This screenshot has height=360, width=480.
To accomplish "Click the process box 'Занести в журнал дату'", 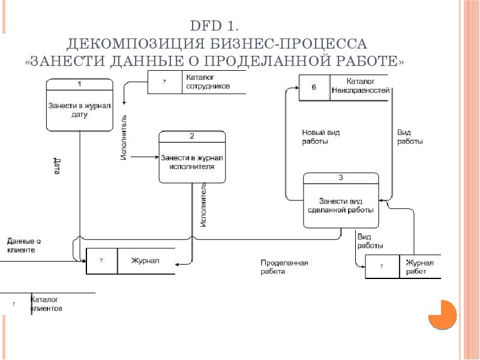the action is coord(80,105).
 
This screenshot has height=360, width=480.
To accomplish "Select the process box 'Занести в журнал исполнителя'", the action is coord(192,157).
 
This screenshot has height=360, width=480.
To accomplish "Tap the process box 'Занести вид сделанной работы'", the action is coord(341,200).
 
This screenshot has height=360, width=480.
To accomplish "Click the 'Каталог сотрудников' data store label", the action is coord(208,82).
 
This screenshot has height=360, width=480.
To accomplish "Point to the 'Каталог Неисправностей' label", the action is coord(361,86).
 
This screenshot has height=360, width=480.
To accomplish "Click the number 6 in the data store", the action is coord(314,87).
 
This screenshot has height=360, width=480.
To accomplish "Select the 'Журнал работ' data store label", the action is coord(419,267).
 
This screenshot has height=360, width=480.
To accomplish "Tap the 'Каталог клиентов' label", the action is coord(47,304).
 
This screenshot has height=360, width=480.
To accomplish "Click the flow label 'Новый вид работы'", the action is coord(321,137).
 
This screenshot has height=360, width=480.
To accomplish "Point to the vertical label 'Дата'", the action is coord(57,166).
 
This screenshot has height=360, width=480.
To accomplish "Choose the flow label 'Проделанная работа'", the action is coord(284,267).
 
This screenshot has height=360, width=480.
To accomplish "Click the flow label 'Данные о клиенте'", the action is coord(24,245).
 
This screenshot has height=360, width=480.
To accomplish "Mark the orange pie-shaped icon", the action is coord(442,314).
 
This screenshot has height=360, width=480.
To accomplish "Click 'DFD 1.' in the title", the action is coord(214,26).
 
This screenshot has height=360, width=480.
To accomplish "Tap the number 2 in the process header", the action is coord(192,136).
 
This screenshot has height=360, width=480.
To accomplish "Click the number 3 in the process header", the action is coord(341,178).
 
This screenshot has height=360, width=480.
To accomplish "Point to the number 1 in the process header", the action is coord(80,83).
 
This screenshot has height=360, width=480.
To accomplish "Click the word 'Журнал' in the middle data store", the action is coord(145,261).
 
